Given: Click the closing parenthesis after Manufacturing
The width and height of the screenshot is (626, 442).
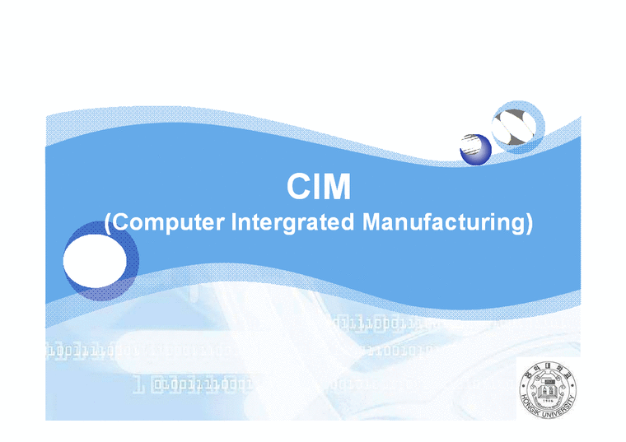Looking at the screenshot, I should point(528,223).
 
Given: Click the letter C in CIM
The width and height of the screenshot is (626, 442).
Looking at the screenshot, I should point(297,188).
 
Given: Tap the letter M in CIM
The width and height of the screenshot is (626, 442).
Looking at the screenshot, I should point(337,188).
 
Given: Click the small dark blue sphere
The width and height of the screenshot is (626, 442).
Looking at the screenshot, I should point(475,149).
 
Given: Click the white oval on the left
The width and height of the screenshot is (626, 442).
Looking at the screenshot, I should point(94,259).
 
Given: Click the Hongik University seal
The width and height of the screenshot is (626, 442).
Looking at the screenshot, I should point(548,388).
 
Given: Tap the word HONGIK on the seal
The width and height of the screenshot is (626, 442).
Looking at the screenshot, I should point(530,403).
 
